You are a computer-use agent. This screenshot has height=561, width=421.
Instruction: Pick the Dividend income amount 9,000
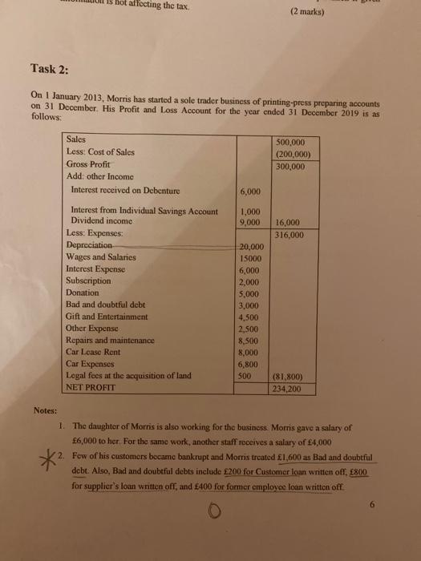(251, 222)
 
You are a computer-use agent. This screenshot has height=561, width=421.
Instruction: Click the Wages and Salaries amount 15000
(252, 258)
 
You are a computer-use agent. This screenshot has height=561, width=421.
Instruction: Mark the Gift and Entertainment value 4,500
(251, 316)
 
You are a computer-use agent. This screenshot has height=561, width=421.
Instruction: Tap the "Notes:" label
(47, 410)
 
